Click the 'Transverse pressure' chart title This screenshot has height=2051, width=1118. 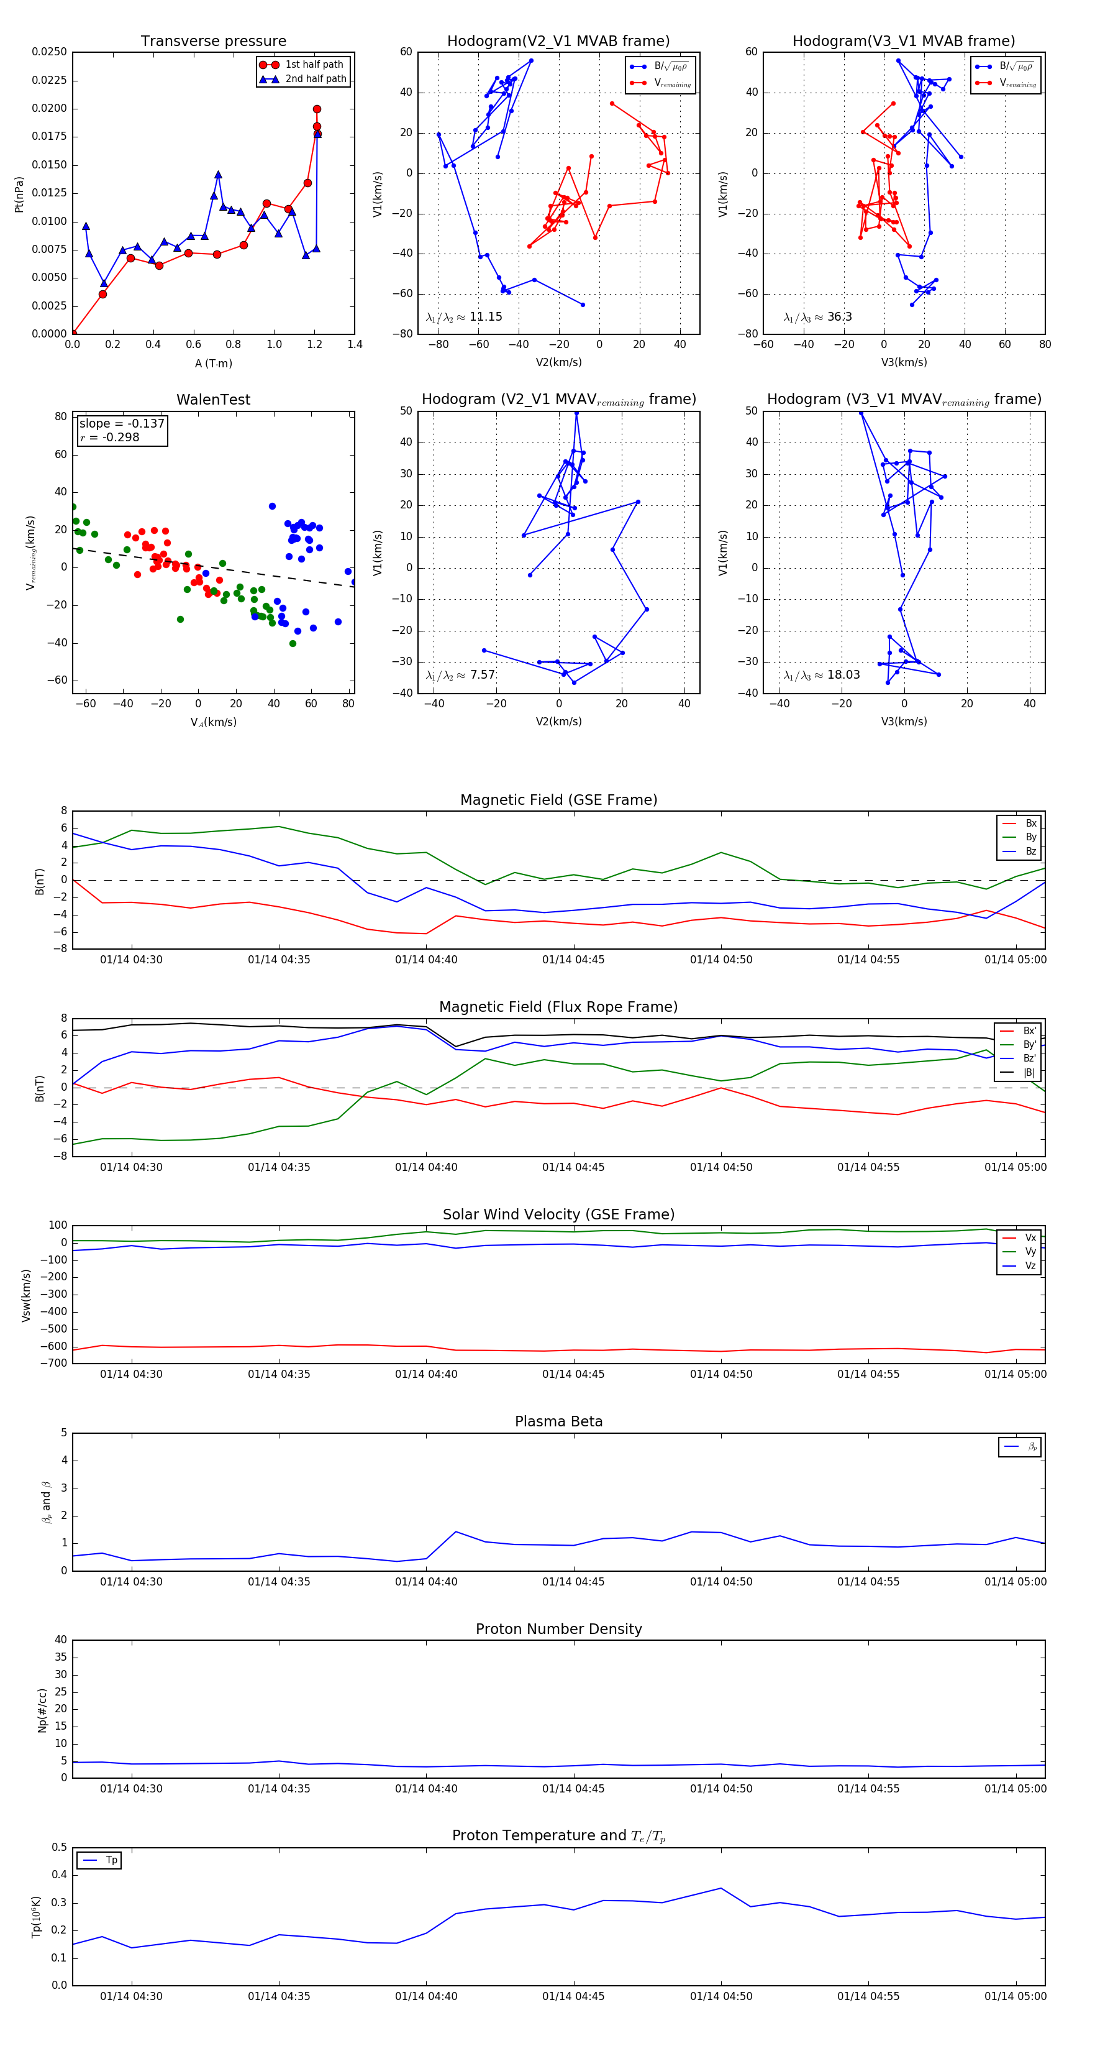(x=213, y=42)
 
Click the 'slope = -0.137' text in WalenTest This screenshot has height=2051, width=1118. (x=122, y=424)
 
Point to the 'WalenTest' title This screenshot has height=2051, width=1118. (x=213, y=400)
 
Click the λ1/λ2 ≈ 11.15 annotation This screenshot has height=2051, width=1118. (x=464, y=317)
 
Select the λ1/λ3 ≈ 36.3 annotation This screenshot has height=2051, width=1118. (x=817, y=317)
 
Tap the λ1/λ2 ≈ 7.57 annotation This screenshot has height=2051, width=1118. (x=461, y=675)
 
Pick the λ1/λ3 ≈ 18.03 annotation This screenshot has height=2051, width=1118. (x=821, y=675)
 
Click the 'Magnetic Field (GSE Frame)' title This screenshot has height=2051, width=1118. (x=558, y=800)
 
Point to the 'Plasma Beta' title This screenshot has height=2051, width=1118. (x=558, y=1422)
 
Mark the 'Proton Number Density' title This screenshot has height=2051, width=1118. (x=558, y=1629)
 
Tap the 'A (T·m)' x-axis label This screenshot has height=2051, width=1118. (x=213, y=364)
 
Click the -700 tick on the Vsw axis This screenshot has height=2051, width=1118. (x=56, y=1363)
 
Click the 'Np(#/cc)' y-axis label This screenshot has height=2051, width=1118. (x=42, y=1710)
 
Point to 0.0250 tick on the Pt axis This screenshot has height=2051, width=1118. (x=49, y=52)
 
